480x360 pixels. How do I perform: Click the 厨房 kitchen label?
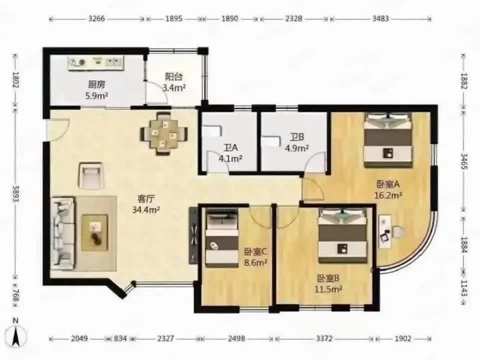(x=96, y=84)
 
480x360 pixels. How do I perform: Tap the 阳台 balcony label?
(x=174, y=76)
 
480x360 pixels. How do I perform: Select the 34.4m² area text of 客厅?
(x=146, y=210)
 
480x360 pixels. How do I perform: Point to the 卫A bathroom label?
(x=230, y=148)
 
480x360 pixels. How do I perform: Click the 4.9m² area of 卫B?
(x=296, y=148)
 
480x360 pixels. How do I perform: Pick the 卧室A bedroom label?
(x=388, y=184)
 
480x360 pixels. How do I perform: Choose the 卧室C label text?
(x=255, y=251)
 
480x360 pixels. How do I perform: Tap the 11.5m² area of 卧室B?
(x=328, y=289)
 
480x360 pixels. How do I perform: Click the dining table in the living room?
(x=164, y=133)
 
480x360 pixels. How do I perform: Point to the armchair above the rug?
(x=91, y=175)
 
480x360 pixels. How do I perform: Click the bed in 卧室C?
(x=221, y=237)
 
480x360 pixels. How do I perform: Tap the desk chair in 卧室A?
(x=398, y=231)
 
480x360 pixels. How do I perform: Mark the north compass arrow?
(x=16, y=336)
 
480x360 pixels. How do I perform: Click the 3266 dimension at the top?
(x=96, y=18)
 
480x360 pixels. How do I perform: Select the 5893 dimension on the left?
(x=15, y=194)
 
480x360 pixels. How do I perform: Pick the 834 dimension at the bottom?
(x=120, y=338)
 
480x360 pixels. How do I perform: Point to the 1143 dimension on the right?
(x=464, y=288)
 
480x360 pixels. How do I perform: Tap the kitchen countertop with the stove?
(x=96, y=62)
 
